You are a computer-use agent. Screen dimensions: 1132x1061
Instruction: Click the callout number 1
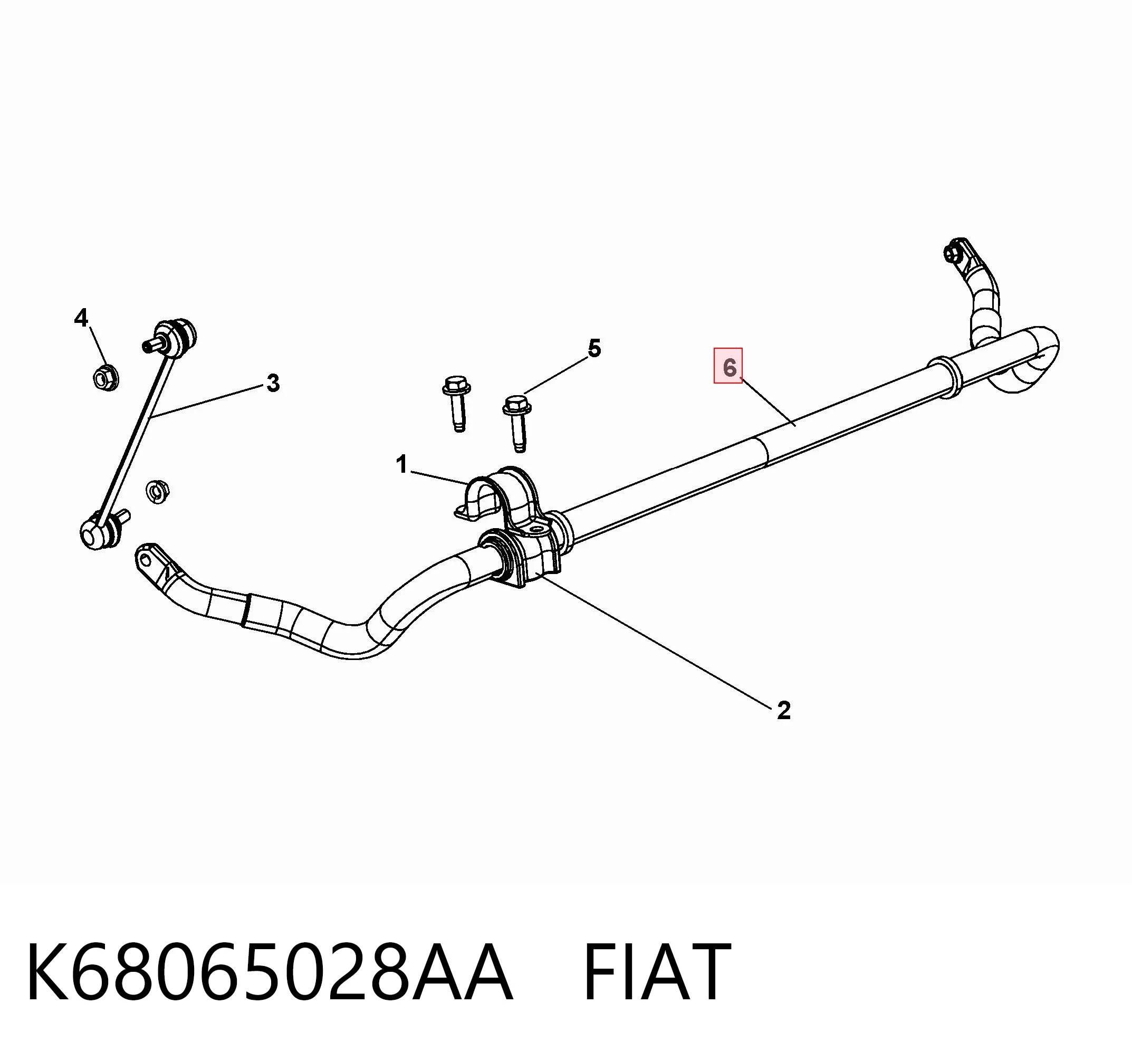click(402, 465)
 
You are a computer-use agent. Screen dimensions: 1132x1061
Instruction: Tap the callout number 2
click(783, 710)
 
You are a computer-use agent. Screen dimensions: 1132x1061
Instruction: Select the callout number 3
click(273, 383)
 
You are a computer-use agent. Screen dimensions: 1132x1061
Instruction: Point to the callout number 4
click(81, 318)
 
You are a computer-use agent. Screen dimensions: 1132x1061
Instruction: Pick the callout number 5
click(594, 348)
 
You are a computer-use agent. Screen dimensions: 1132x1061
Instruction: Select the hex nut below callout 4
click(105, 377)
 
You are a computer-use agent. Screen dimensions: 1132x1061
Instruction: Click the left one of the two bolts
click(456, 403)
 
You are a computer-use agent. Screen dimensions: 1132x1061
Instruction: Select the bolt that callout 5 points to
click(517, 423)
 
